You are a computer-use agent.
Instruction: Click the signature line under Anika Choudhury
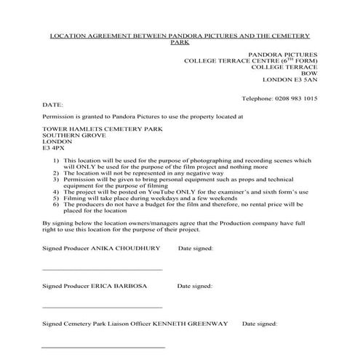click(x=102, y=269)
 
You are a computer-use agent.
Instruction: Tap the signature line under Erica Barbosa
click(x=102, y=306)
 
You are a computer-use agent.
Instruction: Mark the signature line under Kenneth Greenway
click(x=102, y=344)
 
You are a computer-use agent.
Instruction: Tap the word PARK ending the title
click(x=179, y=43)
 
